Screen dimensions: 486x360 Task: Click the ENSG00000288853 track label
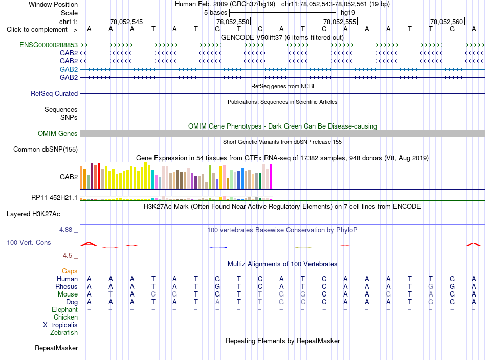[49, 45]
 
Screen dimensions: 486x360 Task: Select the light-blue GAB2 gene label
[69, 69]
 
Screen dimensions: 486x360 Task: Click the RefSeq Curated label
[54, 93]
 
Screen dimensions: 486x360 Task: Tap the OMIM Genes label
[58, 134]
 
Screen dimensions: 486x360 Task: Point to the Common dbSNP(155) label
[46, 150]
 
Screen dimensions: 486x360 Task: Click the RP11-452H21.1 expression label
[54, 198]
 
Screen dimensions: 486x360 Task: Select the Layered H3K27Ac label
[33, 214]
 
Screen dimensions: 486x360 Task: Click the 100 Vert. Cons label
[29, 242]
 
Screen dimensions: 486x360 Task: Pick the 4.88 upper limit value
[65, 230]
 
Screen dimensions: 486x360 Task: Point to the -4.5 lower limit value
[67, 256]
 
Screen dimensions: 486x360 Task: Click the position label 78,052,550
[233, 22]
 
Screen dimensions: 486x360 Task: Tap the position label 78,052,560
[447, 22]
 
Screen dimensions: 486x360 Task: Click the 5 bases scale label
[216, 13]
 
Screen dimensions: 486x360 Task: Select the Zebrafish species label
[64, 333]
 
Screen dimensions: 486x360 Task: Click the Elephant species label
[65, 310]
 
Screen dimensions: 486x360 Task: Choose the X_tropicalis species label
[60, 325]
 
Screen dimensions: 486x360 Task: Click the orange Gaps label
[70, 271]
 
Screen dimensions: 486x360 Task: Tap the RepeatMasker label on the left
[56, 348]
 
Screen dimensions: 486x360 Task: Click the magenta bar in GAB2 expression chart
[271, 177]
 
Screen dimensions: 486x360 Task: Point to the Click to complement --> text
[42, 30]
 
